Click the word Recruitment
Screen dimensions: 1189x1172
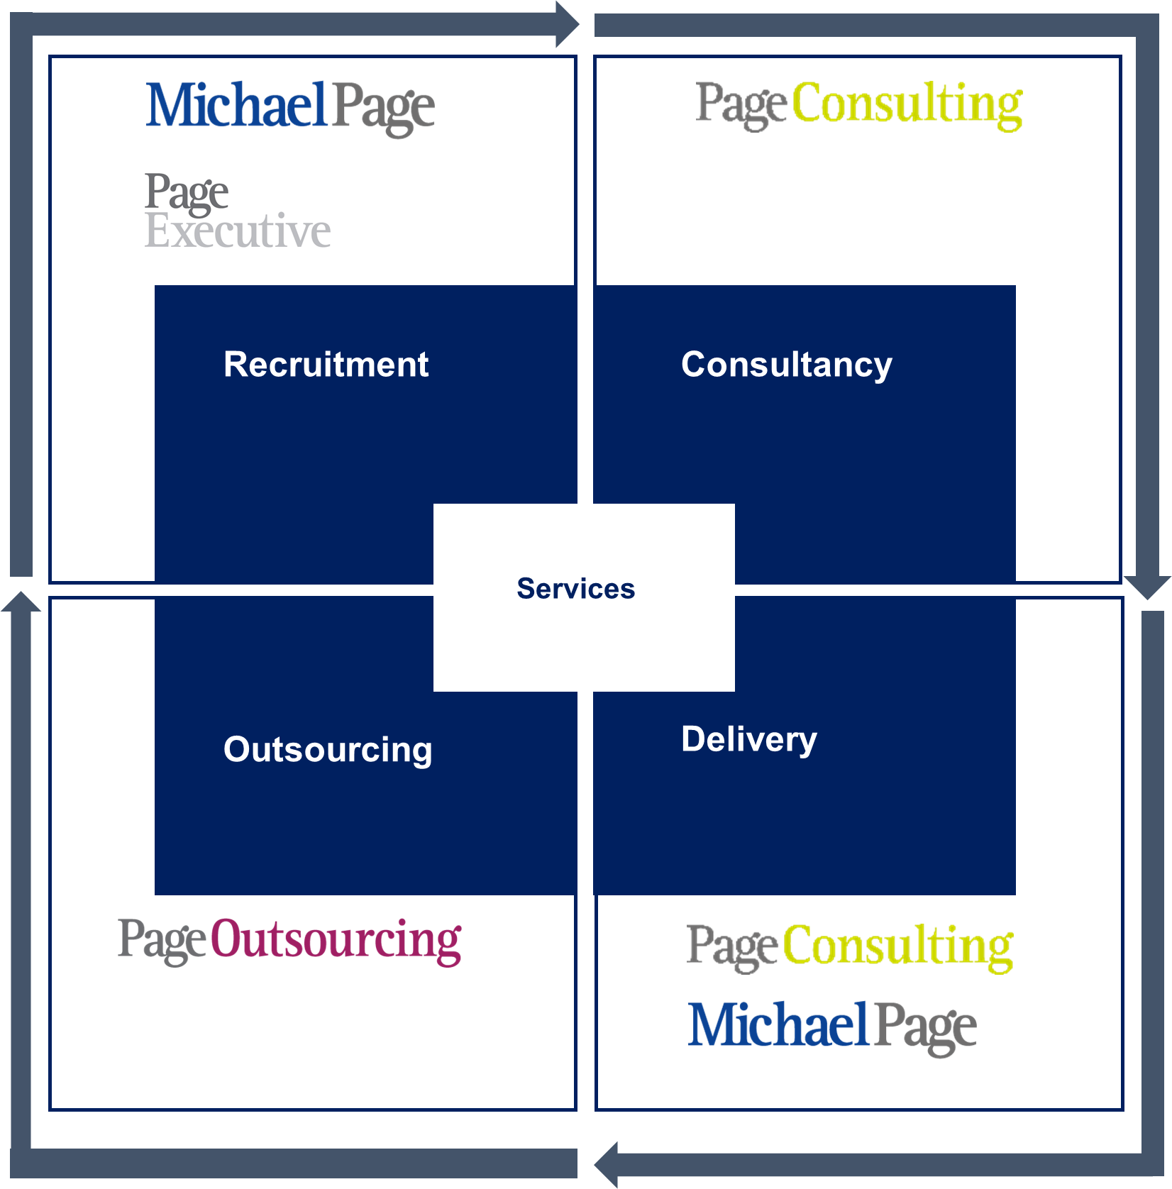pos(326,365)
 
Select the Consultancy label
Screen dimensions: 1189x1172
pos(786,365)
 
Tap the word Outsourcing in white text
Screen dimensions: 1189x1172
pos(327,750)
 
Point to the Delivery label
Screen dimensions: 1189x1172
pos(748,739)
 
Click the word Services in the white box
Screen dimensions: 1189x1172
pos(575,589)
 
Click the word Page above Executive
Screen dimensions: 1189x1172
pos(187,193)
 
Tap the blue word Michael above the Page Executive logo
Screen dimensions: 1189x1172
pos(235,104)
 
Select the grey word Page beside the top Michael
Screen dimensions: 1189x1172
pos(382,106)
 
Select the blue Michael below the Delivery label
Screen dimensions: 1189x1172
pos(779,1026)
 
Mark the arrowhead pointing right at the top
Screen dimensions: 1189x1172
pos(568,28)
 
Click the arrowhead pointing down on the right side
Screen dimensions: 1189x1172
pos(1146,589)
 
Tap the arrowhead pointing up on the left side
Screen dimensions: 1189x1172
pos(21,607)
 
